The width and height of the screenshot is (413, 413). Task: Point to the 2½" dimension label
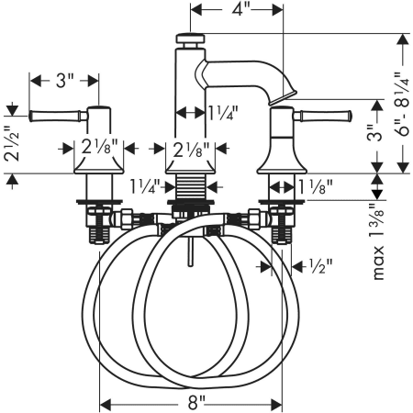coord(12,143)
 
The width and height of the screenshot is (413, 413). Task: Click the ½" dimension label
coord(320,266)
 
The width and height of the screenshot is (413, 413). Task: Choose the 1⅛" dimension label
coord(316,187)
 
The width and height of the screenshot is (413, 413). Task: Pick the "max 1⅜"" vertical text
coord(378,242)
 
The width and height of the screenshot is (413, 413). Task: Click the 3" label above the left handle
coord(65,81)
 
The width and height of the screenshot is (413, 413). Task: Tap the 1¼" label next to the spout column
coord(223,113)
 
